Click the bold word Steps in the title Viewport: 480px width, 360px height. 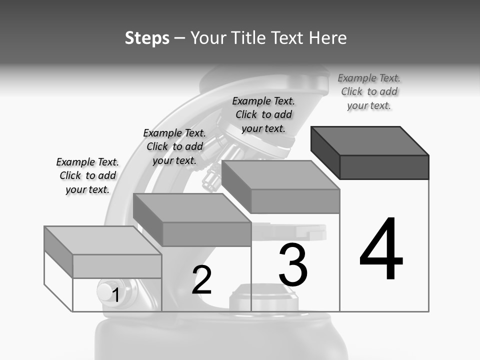[x=147, y=38]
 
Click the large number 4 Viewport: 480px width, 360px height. [x=381, y=250]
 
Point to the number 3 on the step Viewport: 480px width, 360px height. [x=293, y=265]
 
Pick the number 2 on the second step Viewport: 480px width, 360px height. [x=202, y=280]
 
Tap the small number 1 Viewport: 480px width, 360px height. [x=115, y=295]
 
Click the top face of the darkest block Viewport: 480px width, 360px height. [x=370, y=141]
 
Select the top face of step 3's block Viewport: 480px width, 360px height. [x=280, y=175]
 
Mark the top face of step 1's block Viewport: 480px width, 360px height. [x=103, y=240]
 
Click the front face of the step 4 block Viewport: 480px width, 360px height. [x=384, y=167]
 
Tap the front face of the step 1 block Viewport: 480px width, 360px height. [x=117, y=266]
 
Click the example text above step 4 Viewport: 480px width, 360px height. [x=369, y=92]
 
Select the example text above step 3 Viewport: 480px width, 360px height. [x=263, y=114]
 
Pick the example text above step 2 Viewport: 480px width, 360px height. [x=174, y=146]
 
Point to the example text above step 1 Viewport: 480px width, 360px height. [x=87, y=175]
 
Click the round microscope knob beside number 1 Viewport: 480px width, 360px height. [x=105, y=292]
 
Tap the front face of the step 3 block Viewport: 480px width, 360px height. [x=295, y=201]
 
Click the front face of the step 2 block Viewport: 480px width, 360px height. [x=206, y=234]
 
